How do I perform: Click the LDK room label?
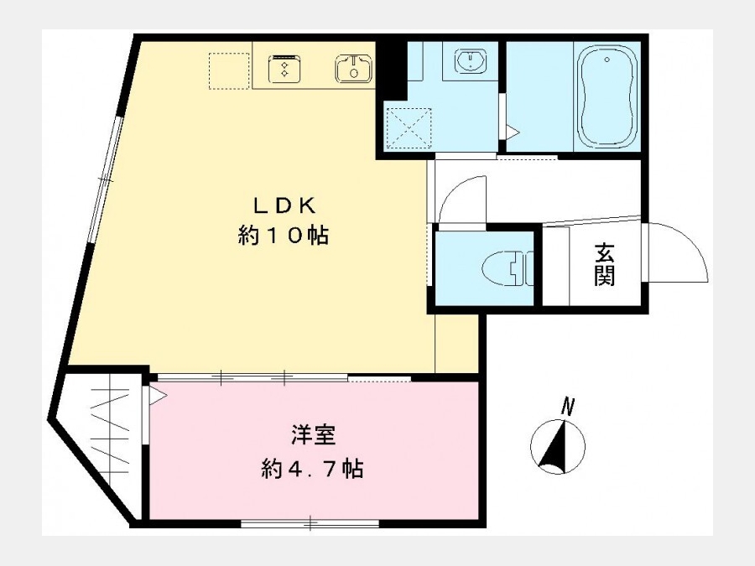click(x=284, y=205)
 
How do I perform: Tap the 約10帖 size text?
click(x=284, y=236)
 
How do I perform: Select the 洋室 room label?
click(x=314, y=435)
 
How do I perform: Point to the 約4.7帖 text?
click(x=313, y=468)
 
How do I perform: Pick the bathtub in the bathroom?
click(x=607, y=96)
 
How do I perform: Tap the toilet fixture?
click(x=508, y=267)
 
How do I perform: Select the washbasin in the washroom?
click(x=470, y=60)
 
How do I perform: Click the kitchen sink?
click(x=353, y=69)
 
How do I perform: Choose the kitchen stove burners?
click(x=285, y=69)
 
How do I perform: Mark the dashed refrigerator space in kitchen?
click(x=229, y=70)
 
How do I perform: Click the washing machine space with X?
click(x=409, y=128)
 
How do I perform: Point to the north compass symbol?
click(x=558, y=447)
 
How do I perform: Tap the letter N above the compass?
click(x=569, y=407)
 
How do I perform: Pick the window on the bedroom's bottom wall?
click(x=310, y=522)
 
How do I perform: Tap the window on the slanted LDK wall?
click(x=105, y=179)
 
